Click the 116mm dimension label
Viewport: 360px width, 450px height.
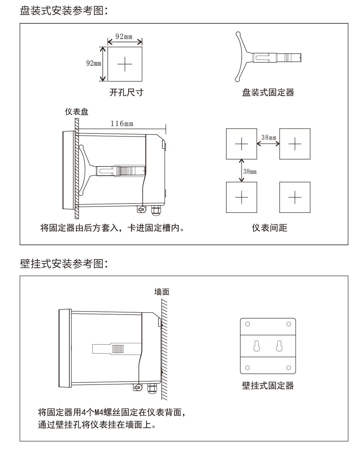(x=122, y=123)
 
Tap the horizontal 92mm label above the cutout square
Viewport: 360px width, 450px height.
(x=124, y=37)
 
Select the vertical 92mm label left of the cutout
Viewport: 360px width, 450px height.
(x=94, y=63)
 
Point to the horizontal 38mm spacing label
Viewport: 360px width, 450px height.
(x=269, y=137)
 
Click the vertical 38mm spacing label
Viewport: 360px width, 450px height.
(x=250, y=171)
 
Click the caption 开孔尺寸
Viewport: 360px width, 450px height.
(x=126, y=92)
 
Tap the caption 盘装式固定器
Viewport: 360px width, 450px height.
(x=268, y=92)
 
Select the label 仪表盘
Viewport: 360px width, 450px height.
(x=76, y=112)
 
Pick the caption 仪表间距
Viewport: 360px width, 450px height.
(x=269, y=228)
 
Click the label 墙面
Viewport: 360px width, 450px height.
(x=162, y=292)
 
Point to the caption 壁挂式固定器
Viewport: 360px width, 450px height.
(x=268, y=386)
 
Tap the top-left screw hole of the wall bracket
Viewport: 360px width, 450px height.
(x=247, y=324)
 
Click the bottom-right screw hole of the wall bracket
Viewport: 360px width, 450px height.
(x=289, y=368)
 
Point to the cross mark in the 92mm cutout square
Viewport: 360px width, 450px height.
(x=125, y=64)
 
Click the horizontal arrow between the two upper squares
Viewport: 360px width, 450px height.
(x=268, y=144)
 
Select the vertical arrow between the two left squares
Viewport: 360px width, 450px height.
(x=242, y=170)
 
